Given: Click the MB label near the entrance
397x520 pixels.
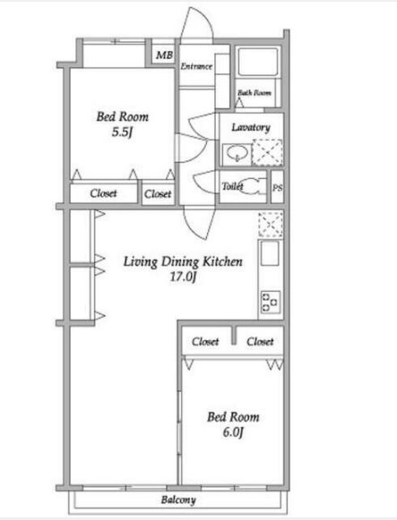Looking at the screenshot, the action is (165, 55).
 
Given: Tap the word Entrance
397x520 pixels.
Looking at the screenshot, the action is (196, 66).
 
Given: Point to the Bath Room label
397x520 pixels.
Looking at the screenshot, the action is (255, 93).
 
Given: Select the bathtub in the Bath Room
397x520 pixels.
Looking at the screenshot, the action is (258, 62).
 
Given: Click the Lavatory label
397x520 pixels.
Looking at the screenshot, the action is (251, 127).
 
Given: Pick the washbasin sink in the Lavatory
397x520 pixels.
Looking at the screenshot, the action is (237, 154).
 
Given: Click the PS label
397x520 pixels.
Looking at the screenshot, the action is (278, 188).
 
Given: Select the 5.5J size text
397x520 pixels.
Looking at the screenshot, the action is (122, 132).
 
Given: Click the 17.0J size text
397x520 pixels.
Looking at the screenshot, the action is (183, 277).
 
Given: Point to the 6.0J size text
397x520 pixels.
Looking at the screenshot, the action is (233, 432).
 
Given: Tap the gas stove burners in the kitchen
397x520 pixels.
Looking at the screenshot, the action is (271, 302).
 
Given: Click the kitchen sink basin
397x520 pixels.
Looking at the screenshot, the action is (270, 253).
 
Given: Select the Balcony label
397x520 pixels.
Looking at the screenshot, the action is (178, 500).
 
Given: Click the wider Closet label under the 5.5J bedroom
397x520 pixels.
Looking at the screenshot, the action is (103, 193).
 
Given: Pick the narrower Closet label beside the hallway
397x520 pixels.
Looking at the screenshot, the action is (158, 193).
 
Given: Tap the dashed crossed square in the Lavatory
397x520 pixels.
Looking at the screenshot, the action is (267, 152).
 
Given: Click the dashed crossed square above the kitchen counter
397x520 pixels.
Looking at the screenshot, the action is (271, 225).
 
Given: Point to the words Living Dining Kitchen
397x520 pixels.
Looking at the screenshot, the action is (183, 261).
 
